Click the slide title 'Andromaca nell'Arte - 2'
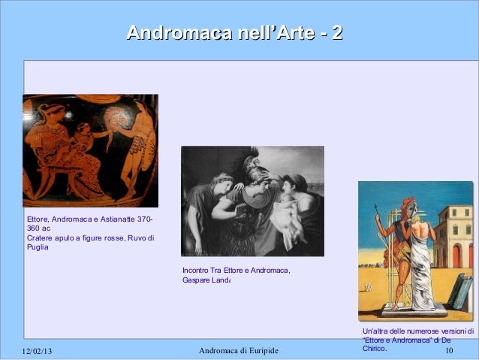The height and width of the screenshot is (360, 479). click(x=234, y=33)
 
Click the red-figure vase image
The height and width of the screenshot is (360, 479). click(x=90, y=150)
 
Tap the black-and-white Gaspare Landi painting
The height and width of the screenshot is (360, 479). click(x=252, y=201)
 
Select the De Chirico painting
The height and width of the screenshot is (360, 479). click(x=415, y=250)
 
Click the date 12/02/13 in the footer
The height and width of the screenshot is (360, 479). click(x=42, y=351)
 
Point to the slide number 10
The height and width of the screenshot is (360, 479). click(x=450, y=351)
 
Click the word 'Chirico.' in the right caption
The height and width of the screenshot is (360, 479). click(x=374, y=349)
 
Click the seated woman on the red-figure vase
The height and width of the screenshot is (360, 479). click(x=53, y=150)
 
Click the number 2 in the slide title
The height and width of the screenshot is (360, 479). click(x=337, y=33)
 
